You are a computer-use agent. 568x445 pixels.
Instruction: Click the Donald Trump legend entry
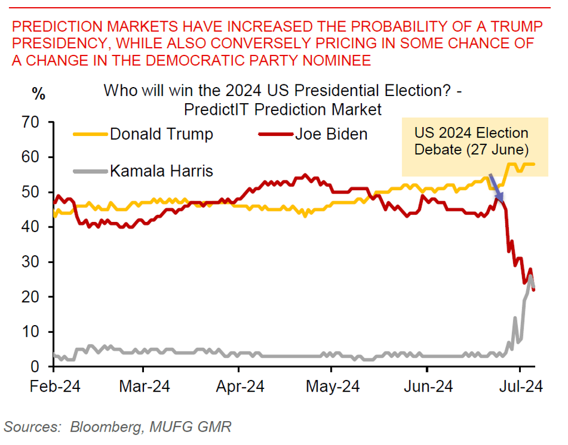(x=161, y=134)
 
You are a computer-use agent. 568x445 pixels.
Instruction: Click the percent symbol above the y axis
(x=38, y=94)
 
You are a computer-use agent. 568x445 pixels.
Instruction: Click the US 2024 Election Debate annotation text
(x=471, y=141)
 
